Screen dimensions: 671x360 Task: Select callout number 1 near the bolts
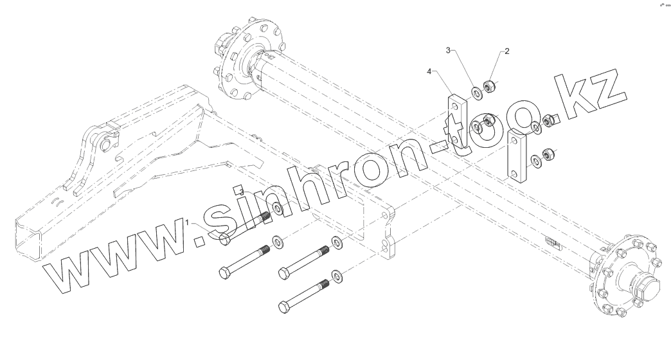coord(188,222)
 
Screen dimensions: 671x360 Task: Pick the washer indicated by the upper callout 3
coord(478,93)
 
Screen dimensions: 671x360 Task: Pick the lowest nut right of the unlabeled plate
coord(548,154)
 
